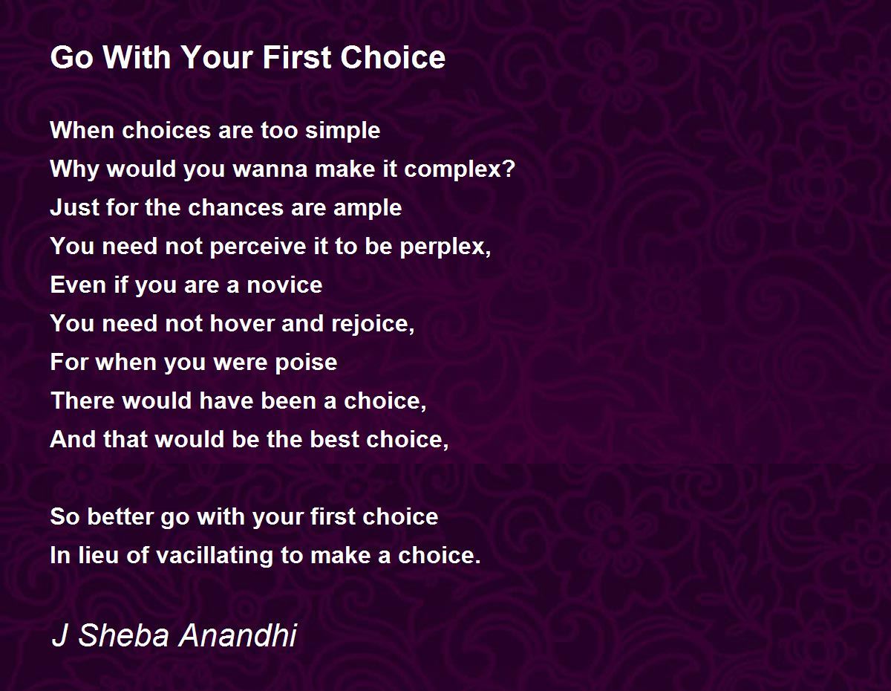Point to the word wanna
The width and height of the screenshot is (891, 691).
(270, 169)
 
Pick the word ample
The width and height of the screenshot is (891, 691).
(367, 208)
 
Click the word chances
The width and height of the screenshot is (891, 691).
(235, 207)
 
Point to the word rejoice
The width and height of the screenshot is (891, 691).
(371, 324)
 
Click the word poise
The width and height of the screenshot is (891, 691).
(306, 363)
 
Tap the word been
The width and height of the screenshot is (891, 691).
(288, 400)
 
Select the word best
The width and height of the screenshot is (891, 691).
(335, 439)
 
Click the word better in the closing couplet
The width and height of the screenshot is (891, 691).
(120, 516)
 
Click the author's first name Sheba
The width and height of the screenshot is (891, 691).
(123, 635)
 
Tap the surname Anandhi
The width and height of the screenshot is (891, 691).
(238, 635)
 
